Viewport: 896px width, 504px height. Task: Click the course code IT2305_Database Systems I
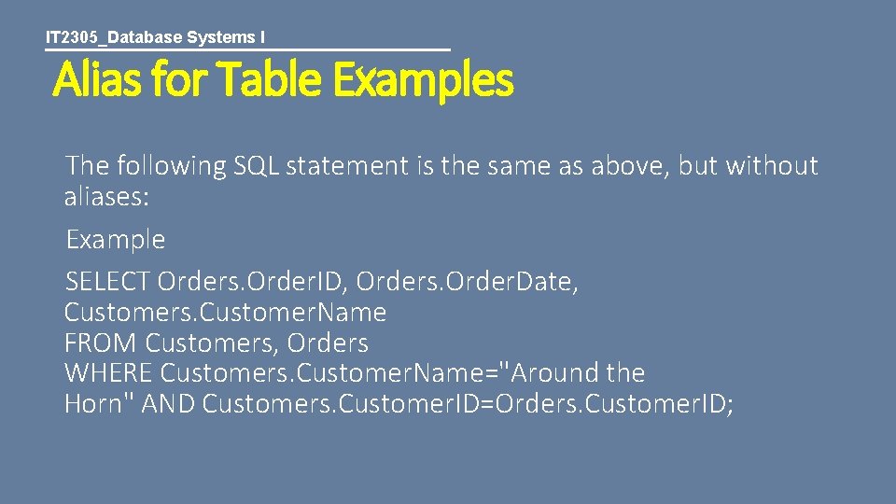[155, 37]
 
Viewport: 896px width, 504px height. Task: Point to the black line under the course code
[247, 49]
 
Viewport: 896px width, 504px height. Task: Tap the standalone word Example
[115, 240]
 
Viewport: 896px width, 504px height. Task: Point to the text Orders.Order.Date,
[468, 281]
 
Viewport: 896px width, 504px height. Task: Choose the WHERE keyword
[108, 373]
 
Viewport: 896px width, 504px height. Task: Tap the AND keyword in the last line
[170, 404]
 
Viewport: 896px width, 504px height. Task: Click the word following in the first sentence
[172, 166]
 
